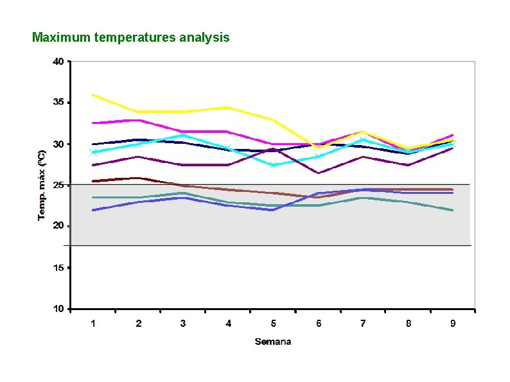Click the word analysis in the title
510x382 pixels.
pyautogui.click(x=205, y=37)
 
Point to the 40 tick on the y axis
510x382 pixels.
pyautogui.click(x=58, y=62)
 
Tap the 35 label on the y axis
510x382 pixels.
pyautogui.click(x=58, y=103)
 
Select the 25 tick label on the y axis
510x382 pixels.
pyautogui.click(x=58, y=185)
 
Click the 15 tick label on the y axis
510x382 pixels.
pyautogui.click(x=58, y=268)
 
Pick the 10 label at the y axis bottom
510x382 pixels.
pyautogui.click(x=58, y=309)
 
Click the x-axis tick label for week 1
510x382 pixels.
pyautogui.click(x=93, y=324)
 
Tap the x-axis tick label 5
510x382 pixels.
pyautogui.click(x=273, y=324)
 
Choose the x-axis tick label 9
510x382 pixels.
pyautogui.click(x=453, y=324)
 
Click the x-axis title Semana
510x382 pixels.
pyautogui.click(x=273, y=342)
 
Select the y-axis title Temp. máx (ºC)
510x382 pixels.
pyautogui.click(x=41, y=185)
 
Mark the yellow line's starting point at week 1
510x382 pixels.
pyautogui.click(x=93, y=95)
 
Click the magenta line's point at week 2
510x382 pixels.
pyautogui.click(x=138, y=120)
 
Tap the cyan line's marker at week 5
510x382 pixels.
pyautogui.click(x=273, y=165)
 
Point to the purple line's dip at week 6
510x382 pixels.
pyautogui.click(x=318, y=173)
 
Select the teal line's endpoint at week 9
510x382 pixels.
pyautogui.click(x=453, y=210)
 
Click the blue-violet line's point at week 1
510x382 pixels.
pyautogui.click(x=93, y=210)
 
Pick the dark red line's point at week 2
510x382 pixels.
pyautogui.click(x=138, y=178)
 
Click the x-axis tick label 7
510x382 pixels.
pyautogui.click(x=363, y=324)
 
